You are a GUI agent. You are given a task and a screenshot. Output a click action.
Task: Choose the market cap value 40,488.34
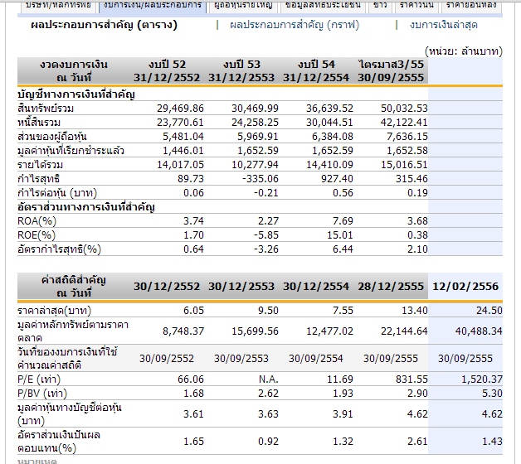point(474,331)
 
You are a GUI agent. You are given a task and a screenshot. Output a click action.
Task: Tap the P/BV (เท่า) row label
point(44,392)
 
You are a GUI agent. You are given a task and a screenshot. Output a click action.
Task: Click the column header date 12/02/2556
point(465,286)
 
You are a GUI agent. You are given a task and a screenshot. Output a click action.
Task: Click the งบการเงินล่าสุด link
point(455,25)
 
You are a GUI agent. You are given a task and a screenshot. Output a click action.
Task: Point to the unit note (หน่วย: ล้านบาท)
point(463,51)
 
